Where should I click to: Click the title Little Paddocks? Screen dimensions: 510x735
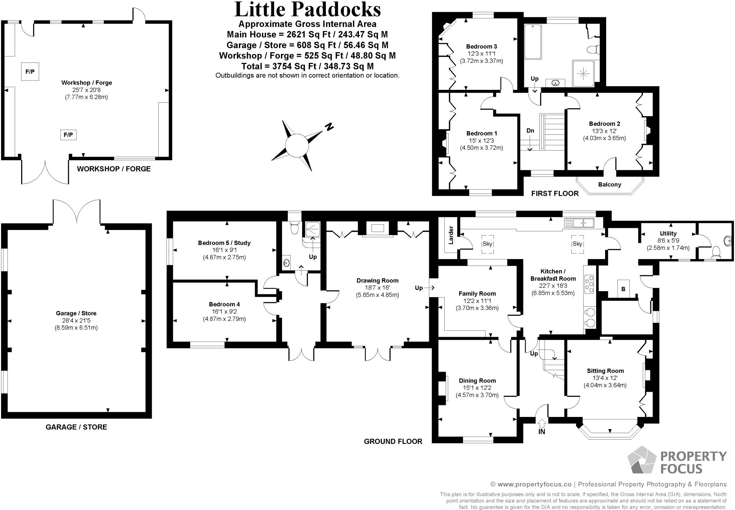[307, 10]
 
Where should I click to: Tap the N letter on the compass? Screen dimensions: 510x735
[329, 127]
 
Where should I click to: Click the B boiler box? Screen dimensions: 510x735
[623, 289]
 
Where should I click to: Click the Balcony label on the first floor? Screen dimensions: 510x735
[609, 185]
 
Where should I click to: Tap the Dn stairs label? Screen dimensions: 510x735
[530, 131]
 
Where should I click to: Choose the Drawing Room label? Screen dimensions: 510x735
[377, 281]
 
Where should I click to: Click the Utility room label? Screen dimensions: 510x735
[668, 234]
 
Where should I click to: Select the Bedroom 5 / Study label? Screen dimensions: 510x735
[224, 243]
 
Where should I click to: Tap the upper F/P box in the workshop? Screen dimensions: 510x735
[30, 72]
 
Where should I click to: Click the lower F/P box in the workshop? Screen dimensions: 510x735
[68, 135]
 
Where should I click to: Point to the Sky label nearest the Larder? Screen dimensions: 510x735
[487, 244]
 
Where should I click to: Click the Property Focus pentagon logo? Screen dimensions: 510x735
[642, 460]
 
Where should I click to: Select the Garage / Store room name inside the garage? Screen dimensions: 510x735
[76, 313]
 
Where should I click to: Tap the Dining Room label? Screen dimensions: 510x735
[477, 381]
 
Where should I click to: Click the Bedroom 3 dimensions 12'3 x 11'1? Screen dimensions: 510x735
[481, 54]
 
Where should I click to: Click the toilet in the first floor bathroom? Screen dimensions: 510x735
[593, 50]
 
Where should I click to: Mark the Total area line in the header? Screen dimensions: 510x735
[307, 66]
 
